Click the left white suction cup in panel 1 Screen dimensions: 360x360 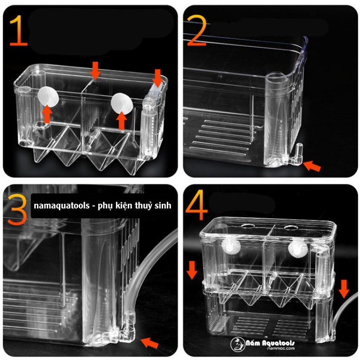[48, 97]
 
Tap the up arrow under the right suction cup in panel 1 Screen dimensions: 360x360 [121, 120]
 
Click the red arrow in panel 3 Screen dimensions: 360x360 [149, 343]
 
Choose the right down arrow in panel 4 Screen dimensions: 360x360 [343, 288]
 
